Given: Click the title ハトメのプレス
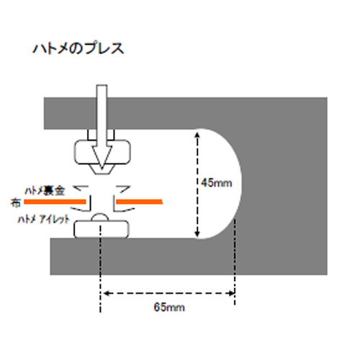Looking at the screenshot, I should [78, 50].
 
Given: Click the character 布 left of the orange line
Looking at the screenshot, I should [15, 202].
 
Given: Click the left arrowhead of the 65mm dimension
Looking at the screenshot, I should [104, 293].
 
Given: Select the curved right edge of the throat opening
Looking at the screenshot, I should [238, 184].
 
